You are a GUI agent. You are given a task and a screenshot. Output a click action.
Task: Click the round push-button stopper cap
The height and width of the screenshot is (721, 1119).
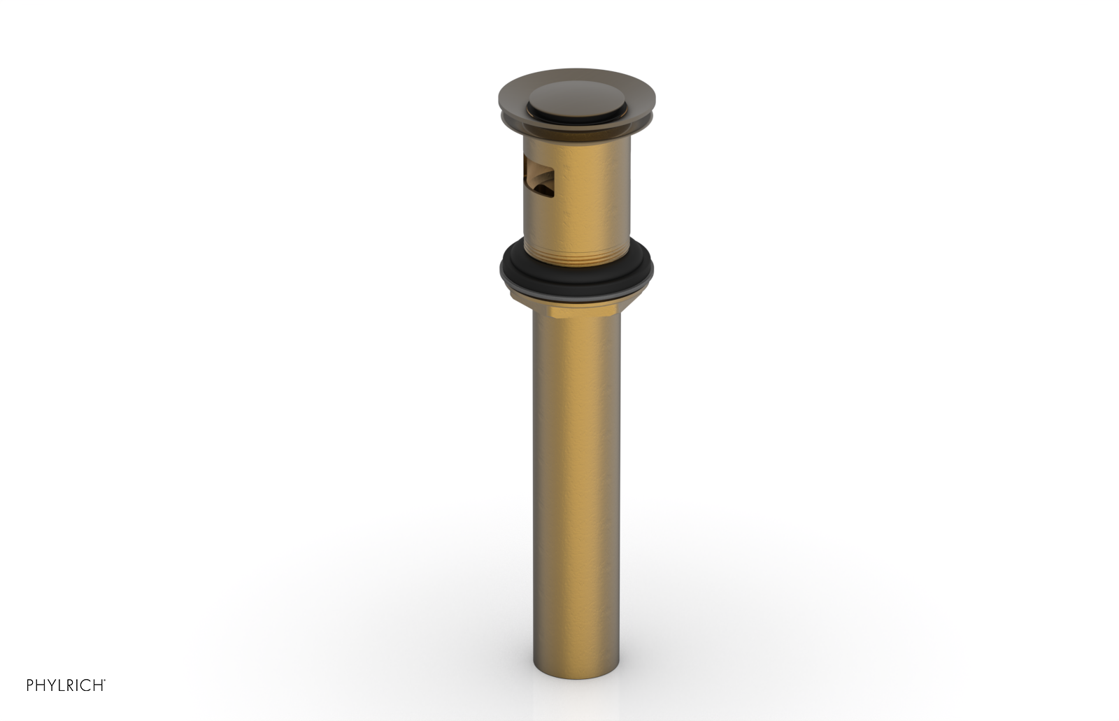(x=577, y=105)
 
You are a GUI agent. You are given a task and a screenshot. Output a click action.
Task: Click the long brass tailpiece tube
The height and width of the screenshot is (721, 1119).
(x=576, y=489)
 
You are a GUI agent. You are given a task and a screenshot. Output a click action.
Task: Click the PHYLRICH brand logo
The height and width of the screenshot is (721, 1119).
(x=66, y=685)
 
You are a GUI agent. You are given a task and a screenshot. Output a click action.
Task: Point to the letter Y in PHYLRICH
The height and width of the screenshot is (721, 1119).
(x=52, y=685)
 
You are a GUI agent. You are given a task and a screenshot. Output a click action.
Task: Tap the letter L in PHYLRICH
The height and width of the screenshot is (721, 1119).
(x=62, y=685)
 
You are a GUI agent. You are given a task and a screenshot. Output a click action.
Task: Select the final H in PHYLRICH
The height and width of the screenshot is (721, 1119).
(x=98, y=685)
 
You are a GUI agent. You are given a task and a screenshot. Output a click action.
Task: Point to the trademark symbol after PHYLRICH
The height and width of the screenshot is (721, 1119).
(x=105, y=680)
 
